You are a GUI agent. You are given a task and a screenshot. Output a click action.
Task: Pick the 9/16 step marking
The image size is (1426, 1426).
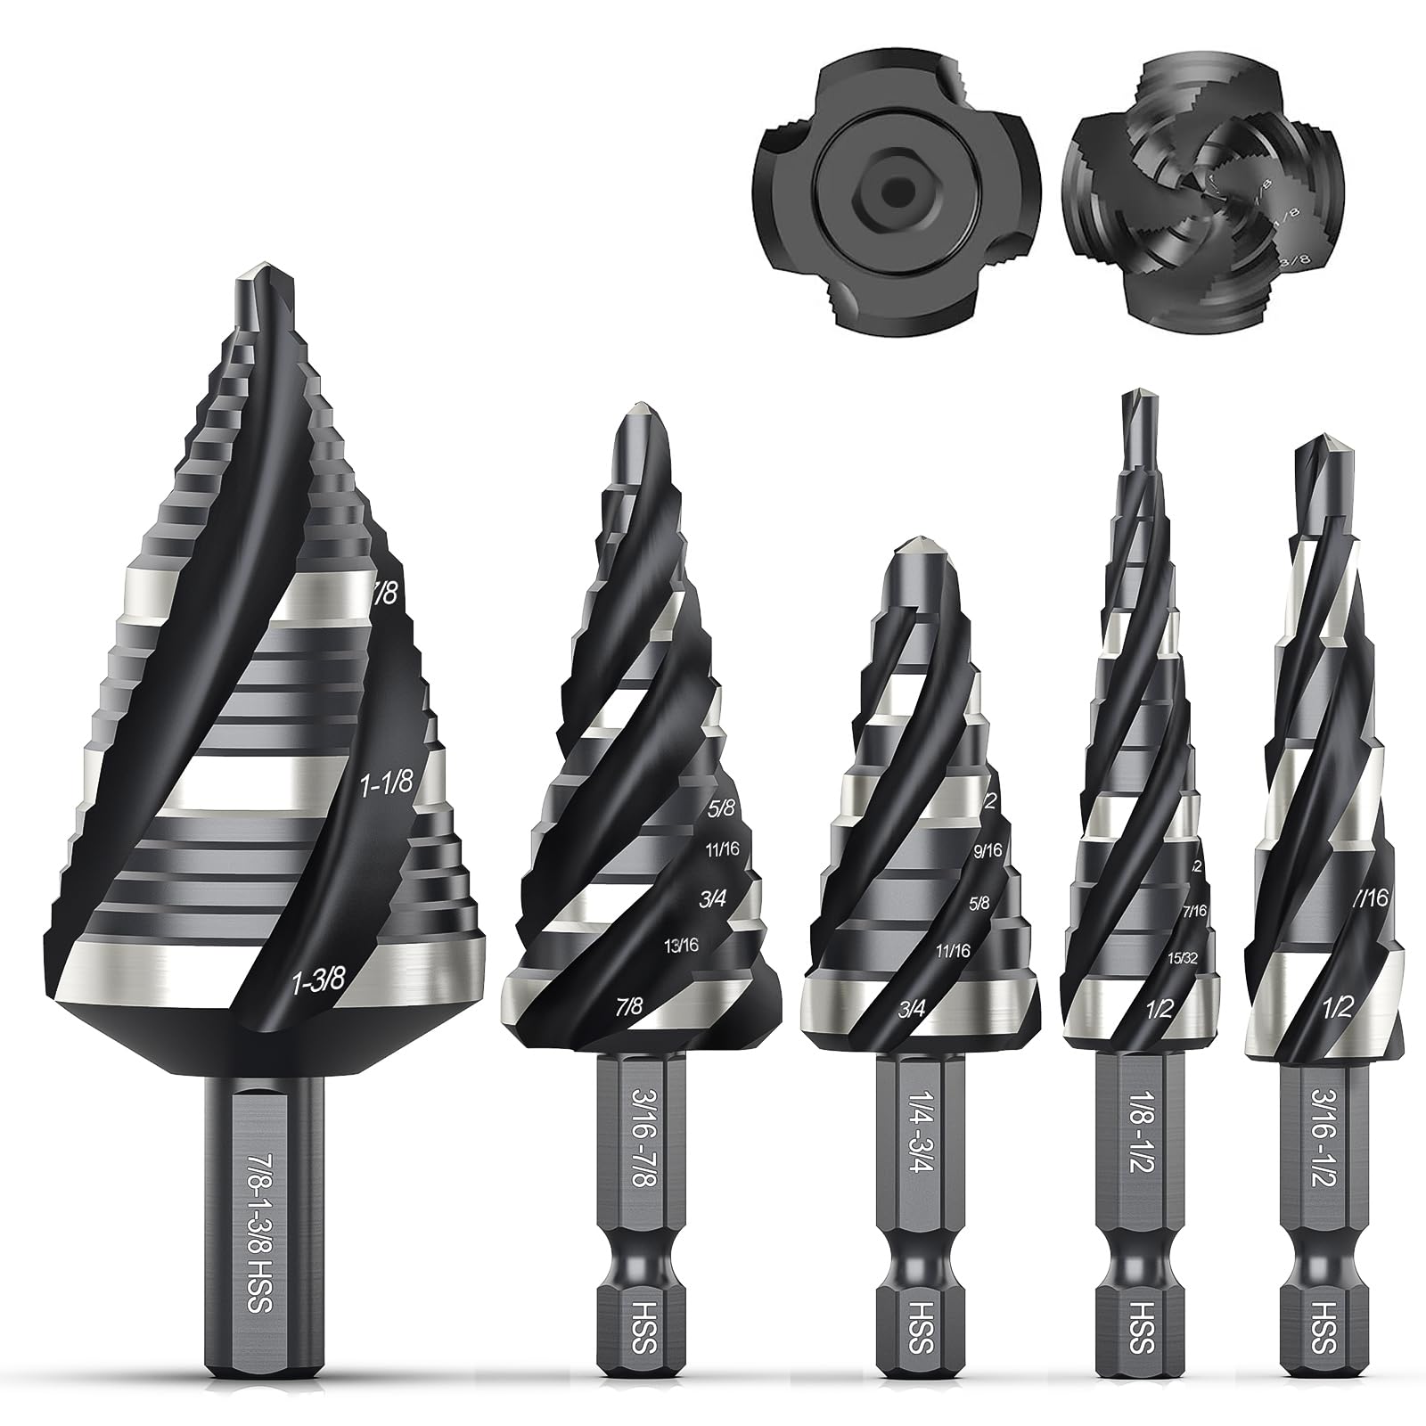pyautogui.click(x=988, y=851)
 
